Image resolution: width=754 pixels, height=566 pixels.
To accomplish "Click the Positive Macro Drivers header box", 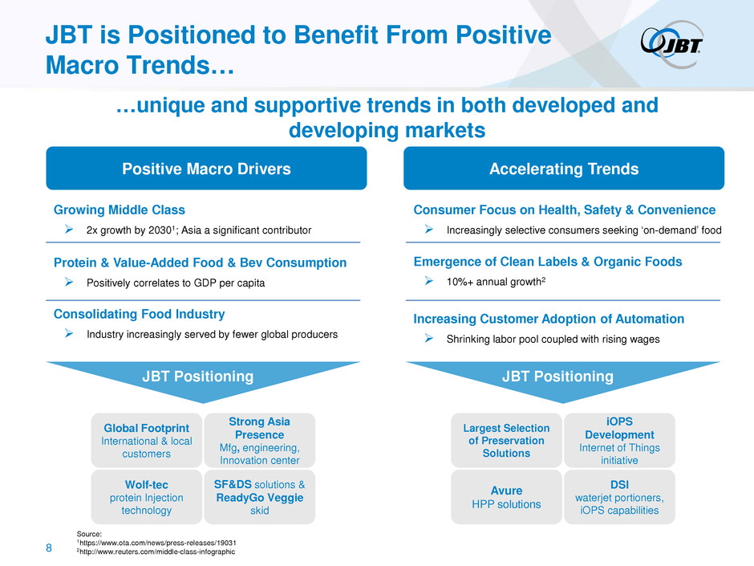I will click(x=206, y=169).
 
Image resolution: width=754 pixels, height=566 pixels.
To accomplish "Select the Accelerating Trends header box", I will click(x=563, y=169).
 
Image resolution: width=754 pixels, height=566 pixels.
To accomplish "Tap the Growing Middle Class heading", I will click(x=119, y=210).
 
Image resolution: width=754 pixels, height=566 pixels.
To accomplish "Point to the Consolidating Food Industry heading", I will click(x=139, y=314).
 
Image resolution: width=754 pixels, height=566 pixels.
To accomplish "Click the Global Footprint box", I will click(x=146, y=440).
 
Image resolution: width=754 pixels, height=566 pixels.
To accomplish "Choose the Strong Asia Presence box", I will click(x=259, y=440).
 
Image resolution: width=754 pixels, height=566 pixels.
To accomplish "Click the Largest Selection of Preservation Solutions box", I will click(x=506, y=440).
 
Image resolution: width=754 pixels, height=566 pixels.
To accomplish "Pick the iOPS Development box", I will click(x=618, y=440).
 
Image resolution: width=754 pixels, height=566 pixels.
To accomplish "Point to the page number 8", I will click(x=49, y=548).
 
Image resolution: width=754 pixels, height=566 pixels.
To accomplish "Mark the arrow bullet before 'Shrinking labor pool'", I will click(x=430, y=339).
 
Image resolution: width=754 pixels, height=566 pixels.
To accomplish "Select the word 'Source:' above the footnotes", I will click(x=90, y=532).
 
